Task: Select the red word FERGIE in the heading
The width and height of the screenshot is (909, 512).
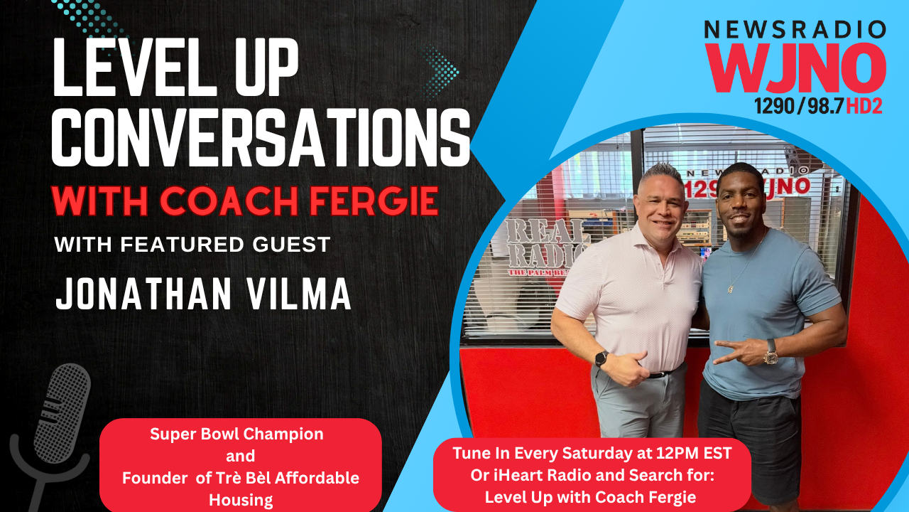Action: pyautogui.click(x=379, y=201)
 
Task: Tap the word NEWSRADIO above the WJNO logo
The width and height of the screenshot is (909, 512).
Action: pyautogui.click(x=795, y=30)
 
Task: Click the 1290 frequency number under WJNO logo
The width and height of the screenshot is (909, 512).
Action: pyautogui.click(x=774, y=107)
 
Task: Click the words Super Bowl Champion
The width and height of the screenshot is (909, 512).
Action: pyautogui.click(x=236, y=434)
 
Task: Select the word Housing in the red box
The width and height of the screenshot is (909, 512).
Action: pyautogui.click(x=241, y=500)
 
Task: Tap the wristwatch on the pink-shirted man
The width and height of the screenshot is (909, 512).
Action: pyautogui.click(x=602, y=357)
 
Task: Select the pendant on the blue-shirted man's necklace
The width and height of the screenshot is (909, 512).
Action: pyautogui.click(x=731, y=289)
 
